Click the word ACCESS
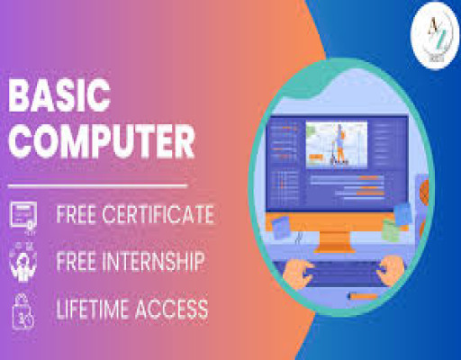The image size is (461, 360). pyautogui.click(x=173, y=310)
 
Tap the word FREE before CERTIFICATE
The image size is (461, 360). pyautogui.click(x=77, y=216)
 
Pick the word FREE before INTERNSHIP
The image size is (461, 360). pyautogui.click(x=77, y=263)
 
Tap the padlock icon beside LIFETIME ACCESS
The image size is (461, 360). pyautogui.click(x=23, y=310)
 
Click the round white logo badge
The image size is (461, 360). pyautogui.click(x=434, y=34)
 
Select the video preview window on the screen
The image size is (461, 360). pyautogui.click(x=339, y=143)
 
